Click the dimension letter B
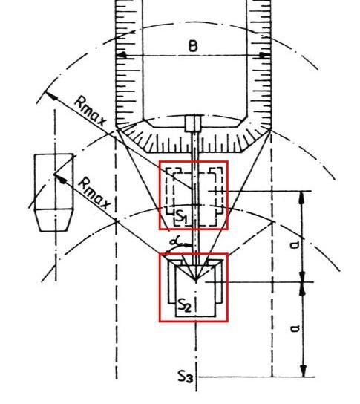[x=193, y=46]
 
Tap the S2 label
[x=184, y=305]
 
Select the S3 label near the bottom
[x=185, y=377]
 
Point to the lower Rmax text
[x=94, y=193]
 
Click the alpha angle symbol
[x=177, y=241]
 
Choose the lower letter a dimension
[x=295, y=328]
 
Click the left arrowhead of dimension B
[x=121, y=55]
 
